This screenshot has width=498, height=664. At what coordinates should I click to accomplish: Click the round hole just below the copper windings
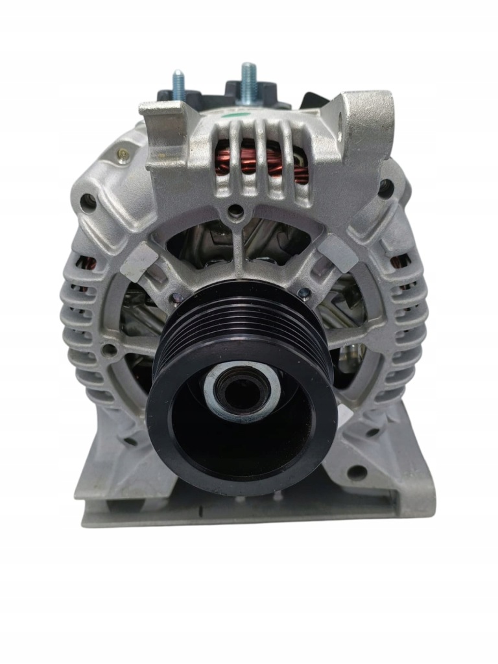click(237, 211)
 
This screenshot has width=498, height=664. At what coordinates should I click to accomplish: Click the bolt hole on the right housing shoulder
click(386, 189)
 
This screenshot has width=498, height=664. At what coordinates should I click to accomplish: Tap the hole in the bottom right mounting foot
click(356, 472)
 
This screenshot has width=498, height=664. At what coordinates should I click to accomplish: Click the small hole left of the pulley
click(110, 351)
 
